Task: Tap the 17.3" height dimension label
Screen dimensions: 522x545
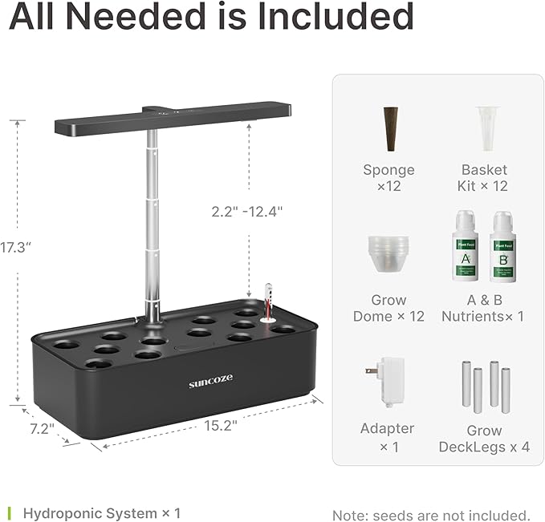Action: click(x=15, y=248)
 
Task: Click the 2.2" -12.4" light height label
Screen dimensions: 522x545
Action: click(x=247, y=212)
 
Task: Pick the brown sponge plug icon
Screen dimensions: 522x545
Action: click(x=389, y=128)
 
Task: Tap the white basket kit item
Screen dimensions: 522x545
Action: click(x=484, y=127)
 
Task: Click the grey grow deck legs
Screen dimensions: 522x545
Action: click(x=485, y=386)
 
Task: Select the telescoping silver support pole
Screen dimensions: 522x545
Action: click(x=150, y=225)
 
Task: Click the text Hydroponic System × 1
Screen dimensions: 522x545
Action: click(x=101, y=512)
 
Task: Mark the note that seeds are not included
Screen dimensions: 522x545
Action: click(x=431, y=514)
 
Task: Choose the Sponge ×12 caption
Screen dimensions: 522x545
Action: click(x=389, y=178)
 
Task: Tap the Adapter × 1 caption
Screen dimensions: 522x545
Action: click(x=388, y=438)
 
